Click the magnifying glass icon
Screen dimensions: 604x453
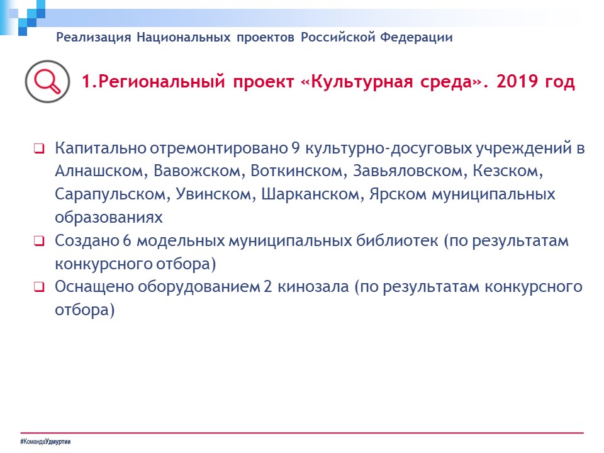47,82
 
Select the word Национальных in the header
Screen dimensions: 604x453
184,37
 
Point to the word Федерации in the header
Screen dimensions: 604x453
417,37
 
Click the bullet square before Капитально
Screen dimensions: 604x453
39,148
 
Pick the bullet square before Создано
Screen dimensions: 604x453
39,241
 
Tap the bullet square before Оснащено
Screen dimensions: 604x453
39,287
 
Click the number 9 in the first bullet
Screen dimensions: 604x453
296,148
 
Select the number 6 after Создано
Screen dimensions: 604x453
127,241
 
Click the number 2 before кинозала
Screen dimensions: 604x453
268,287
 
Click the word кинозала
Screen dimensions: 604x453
313,287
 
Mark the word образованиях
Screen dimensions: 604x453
109,218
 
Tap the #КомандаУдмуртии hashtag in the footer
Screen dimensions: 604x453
45,442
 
